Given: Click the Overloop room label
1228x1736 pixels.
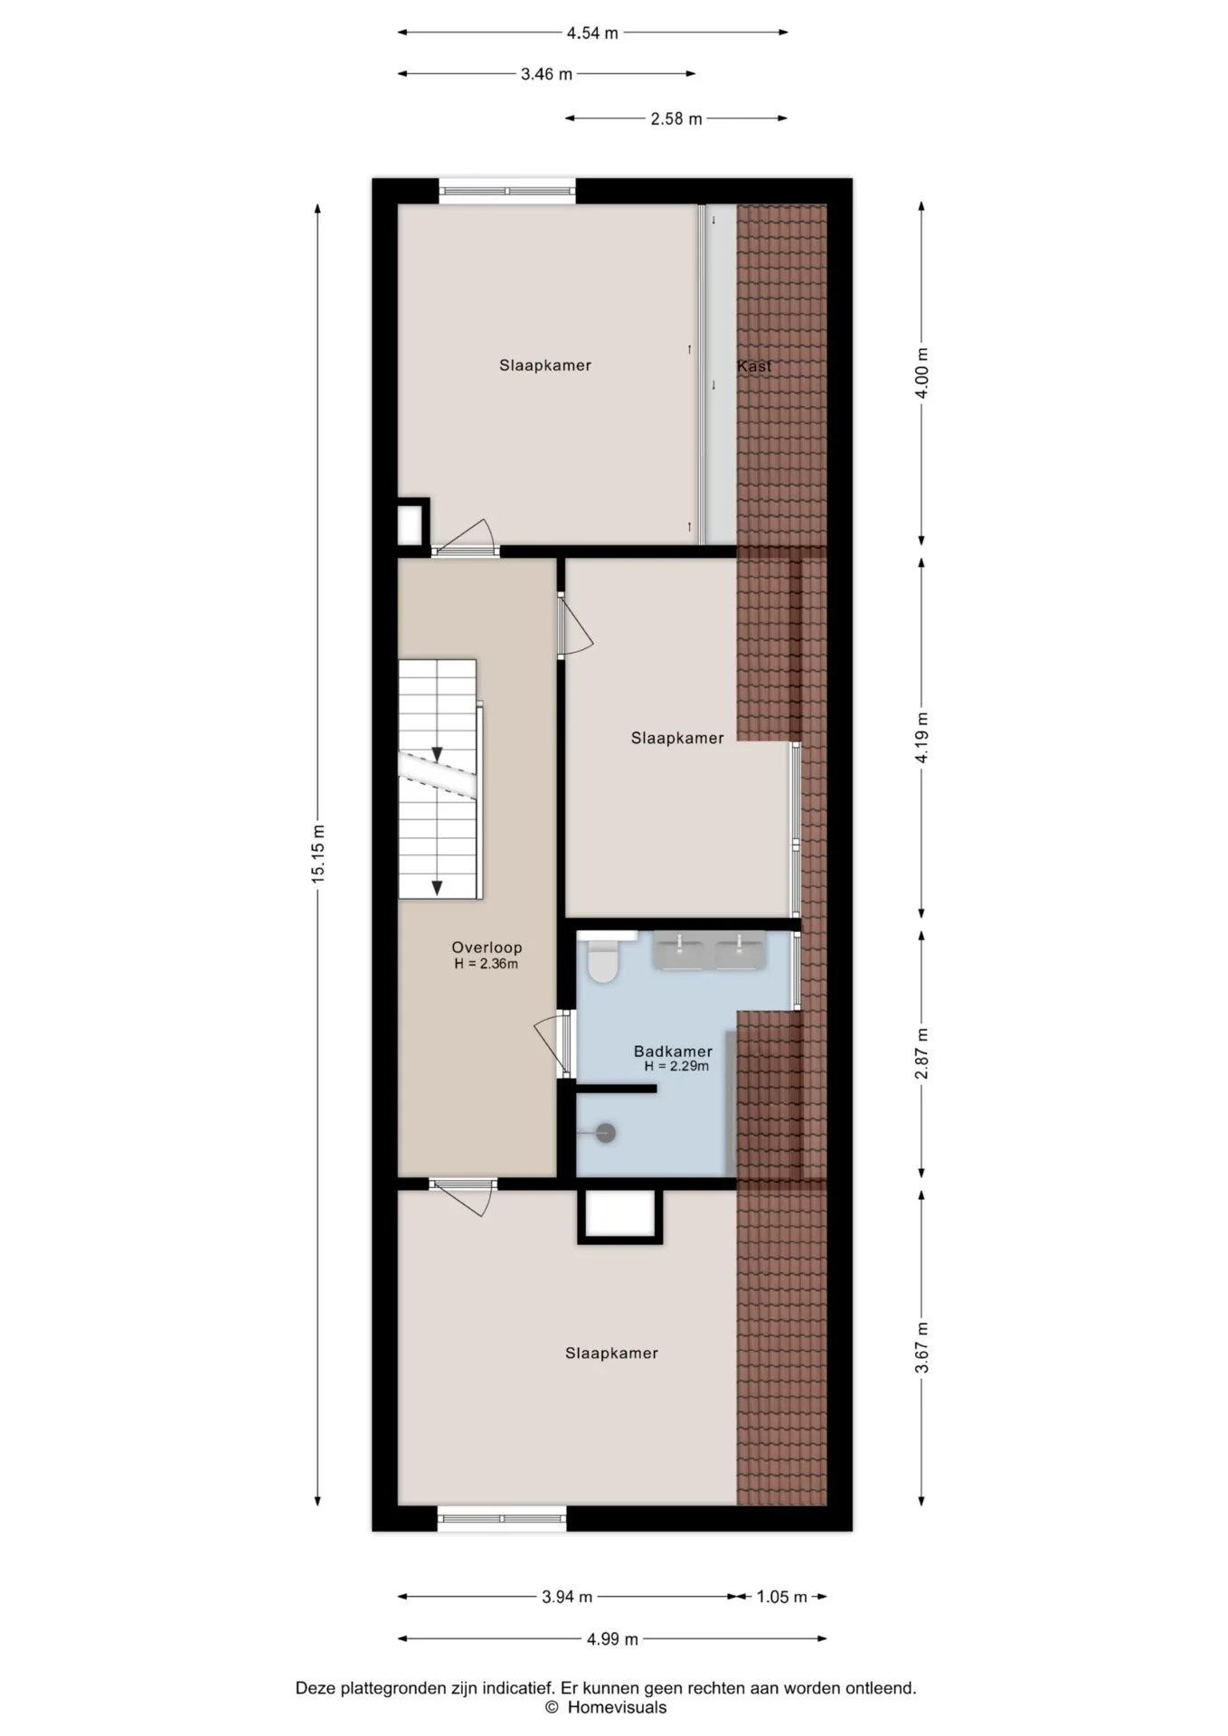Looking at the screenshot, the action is [x=486, y=948].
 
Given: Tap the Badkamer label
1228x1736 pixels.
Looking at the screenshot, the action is [x=673, y=1052].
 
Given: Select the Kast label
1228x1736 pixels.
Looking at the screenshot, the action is [x=754, y=366].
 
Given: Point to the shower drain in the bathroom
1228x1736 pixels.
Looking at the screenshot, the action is [x=605, y=1132].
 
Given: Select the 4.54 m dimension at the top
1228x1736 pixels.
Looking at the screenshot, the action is [x=592, y=33].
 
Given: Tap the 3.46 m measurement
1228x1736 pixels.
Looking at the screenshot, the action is [x=546, y=74].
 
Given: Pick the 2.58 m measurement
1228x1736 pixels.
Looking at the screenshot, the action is [x=676, y=118].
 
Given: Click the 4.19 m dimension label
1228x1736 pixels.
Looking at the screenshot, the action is [x=921, y=738].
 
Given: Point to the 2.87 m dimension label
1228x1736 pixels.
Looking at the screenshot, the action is [x=921, y=1053].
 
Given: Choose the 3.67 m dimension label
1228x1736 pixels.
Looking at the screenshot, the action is [x=921, y=1347].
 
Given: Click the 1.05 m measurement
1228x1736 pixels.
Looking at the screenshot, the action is [x=781, y=1597].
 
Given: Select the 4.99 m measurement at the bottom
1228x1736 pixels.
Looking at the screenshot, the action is [x=612, y=1639].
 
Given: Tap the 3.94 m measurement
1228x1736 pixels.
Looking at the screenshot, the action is [x=567, y=1597].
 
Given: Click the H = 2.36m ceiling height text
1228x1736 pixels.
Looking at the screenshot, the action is [x=486, y=964].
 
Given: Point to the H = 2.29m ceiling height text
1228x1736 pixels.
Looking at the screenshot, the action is [x=676, y=1067].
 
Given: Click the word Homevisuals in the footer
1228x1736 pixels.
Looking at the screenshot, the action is [x=617, y=1707].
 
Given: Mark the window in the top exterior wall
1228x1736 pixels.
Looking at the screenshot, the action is [x=507, y=191].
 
